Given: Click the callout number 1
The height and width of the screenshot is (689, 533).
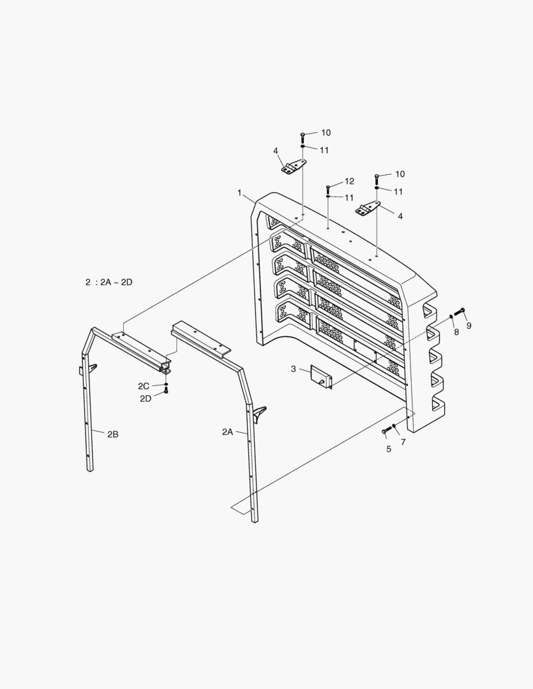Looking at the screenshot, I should (x=239, y=192).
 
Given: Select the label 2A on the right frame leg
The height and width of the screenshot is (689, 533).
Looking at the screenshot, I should (x=228, y=432).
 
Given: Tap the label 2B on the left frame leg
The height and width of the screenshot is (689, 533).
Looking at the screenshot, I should (x=113, y=434).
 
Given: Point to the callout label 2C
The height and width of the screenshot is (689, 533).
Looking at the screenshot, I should (x=144, y=386).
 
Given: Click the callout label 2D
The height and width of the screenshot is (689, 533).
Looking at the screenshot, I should (x=146, y=398).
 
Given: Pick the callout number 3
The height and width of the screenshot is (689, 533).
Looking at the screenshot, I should (x=293, y=369).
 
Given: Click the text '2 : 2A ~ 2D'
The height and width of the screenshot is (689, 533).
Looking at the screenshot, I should (x=109, y=282).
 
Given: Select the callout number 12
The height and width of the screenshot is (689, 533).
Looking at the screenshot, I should (x=349, y=182).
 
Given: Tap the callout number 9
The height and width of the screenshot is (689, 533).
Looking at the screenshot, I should (x=469, y=326).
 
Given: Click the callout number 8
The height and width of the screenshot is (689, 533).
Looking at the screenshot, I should (x=456, y=332).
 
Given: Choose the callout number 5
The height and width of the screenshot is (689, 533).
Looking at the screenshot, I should (x=388, y=449).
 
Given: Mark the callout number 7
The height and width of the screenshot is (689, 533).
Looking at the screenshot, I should (x=403, y=441).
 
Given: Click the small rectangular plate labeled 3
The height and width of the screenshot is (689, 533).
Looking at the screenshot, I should (x=321, y=376).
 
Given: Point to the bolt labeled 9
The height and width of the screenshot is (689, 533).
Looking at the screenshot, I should (x=462, y=312).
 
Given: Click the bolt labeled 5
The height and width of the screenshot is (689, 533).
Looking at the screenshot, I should (x=385, y=432).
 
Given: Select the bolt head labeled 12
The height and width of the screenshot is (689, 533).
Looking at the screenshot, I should (x=328, y=187).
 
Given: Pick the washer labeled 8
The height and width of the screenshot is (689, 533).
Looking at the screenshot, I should (x=451, y=316).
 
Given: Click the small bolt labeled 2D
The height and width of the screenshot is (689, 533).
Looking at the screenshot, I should (x=166, y=391).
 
